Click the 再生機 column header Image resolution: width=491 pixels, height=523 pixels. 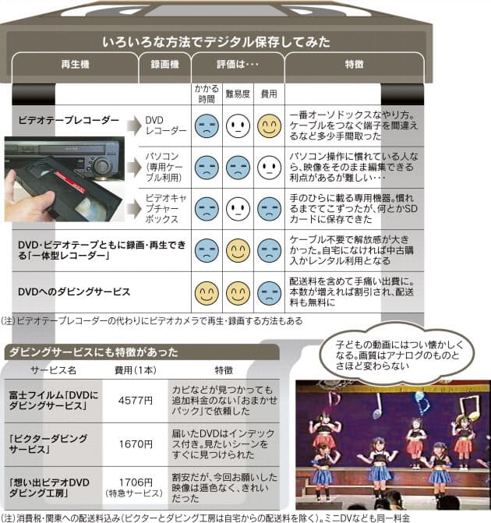click(x=75, y=64)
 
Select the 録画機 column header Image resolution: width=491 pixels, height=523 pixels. click(x=164, y=64)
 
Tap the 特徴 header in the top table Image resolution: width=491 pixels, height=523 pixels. click(x=355, y=64)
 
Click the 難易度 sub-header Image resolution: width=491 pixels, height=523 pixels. click(x=238, y=94)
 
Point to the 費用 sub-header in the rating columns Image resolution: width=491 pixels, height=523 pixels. click(x=269, y=94)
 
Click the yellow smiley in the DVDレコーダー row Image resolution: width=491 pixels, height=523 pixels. click(x=269, y=125)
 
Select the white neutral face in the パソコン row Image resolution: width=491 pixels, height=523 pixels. click(x=269, y=167)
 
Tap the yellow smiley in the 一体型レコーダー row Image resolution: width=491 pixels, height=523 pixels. click(x=238, y=250)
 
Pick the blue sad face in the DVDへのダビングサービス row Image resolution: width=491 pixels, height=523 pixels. click(x=269, y=293)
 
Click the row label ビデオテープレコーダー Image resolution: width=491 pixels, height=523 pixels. click(x=69, y=120)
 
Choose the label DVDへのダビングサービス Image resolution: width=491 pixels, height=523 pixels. click(x=74, y=292)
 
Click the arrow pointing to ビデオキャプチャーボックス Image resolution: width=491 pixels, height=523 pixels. click(x=134, y=209)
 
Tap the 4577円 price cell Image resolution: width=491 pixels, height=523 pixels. click(x=136, y=401)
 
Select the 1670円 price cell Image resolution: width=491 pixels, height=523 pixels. click(x=136, y=444)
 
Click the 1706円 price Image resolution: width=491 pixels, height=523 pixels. click(x=136, y=482)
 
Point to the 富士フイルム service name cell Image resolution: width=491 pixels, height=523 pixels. click(x=53, y=401)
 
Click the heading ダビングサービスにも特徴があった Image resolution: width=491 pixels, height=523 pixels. click(x=94, y=352)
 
